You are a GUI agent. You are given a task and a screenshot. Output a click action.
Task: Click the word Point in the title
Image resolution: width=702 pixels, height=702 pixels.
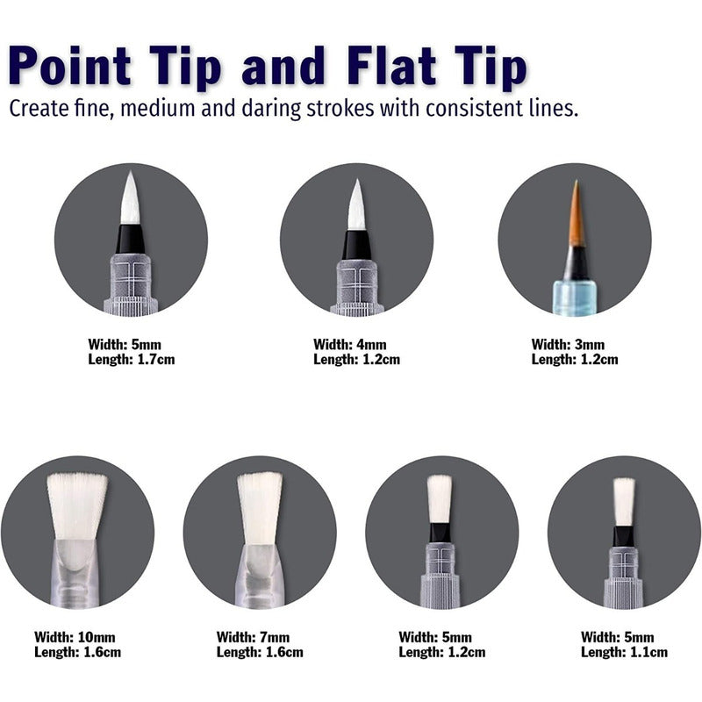70,65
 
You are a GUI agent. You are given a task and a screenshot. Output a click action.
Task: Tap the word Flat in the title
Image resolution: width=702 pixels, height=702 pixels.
391,65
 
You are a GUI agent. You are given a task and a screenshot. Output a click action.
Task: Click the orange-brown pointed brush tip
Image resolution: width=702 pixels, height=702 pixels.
577,215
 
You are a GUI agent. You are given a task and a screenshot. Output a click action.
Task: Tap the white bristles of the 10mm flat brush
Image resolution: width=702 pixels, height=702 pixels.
77,506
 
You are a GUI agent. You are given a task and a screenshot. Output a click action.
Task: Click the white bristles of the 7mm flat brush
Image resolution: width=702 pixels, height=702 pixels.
260,509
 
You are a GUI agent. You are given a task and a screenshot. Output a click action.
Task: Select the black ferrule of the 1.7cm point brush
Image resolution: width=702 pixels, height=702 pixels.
130,239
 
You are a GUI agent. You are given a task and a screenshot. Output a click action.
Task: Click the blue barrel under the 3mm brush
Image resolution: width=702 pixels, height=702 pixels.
575,297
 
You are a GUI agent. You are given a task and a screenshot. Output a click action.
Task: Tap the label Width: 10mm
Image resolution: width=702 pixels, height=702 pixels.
75,637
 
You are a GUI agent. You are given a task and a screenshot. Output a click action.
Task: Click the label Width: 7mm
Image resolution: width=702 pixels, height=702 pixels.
253,637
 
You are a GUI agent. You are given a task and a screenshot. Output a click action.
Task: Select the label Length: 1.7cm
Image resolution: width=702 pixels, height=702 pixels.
131,359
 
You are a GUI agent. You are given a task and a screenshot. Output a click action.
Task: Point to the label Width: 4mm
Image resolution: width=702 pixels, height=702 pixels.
349,344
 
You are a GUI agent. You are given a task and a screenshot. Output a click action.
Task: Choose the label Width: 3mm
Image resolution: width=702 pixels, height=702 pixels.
568,344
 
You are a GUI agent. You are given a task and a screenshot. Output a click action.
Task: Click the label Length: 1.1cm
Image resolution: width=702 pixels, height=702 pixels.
624,652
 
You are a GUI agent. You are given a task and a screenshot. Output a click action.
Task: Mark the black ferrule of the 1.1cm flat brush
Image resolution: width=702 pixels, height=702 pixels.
623,536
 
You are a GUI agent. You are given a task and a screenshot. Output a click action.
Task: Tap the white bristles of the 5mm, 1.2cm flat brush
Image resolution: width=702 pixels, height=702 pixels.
440,499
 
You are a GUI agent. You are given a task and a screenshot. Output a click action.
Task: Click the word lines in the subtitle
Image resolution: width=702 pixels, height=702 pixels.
554,108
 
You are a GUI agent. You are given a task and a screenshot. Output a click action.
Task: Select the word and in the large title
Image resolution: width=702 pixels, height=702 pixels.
283,65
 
